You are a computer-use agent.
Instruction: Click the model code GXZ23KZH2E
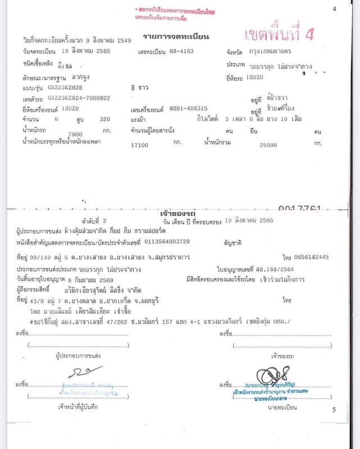(x=65, y=88)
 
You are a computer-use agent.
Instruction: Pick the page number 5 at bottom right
(x=334, y=410)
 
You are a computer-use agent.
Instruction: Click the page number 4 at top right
(x=334, y=8)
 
